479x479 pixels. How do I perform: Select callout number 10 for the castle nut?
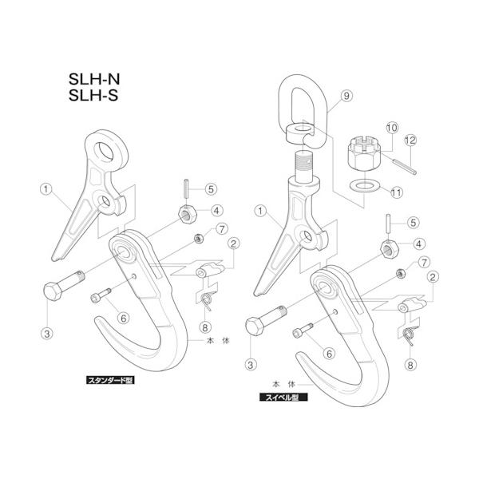tap(392, 128)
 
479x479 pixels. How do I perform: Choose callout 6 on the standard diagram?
tap(122, 318)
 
